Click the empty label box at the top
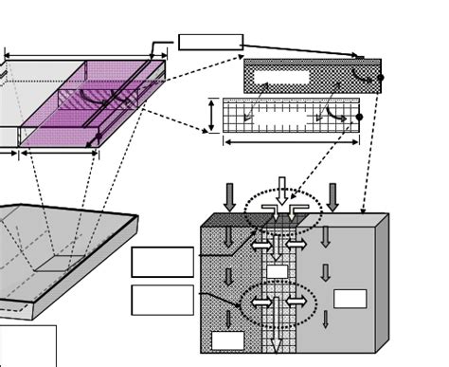coord(210,42)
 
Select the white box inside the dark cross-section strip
coord(281,77)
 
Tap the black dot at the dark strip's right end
coord(381,77)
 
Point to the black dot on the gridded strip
coord(359,117)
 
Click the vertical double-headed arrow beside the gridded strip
coord(211,115)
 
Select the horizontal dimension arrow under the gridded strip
coord(291,142)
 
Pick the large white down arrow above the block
coord(281,191)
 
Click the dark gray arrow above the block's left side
coord(229,197)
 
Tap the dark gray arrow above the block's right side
coord(332,197)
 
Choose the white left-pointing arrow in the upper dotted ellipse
coord(260,245)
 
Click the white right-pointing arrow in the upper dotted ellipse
coord(296,245)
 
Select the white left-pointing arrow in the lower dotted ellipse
coord(260,303)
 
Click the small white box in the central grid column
coord(277,272)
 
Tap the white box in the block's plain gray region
coord(350,299)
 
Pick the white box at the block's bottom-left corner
coord(227,339)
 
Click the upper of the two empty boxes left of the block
coord(162,262)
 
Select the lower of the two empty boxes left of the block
coord(162,300)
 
